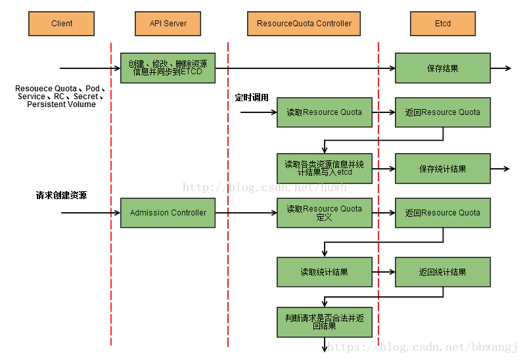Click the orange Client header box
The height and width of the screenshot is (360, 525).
coord(62,24)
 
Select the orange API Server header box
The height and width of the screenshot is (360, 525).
coord(168,24)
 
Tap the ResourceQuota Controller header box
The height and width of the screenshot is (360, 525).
coord(304,24)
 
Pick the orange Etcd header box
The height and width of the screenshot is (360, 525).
coord(442,24)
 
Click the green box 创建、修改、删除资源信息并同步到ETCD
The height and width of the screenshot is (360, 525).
coord(168,68)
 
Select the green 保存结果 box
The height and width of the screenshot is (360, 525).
coord(442,68)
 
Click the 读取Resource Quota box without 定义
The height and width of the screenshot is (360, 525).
coord(324,112)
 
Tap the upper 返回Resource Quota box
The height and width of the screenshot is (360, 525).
coord(442,112)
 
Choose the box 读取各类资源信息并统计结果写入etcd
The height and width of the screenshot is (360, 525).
coord(324,168)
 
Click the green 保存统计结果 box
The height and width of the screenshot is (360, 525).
coord(442,169)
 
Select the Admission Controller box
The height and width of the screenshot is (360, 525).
coord(168,213)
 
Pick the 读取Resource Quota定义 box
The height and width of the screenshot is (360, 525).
coord(324,213)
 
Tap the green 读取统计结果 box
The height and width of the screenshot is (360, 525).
coord(324,272)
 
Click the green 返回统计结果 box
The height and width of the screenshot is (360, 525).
coord(442,272)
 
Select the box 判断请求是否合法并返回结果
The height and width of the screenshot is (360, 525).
coord(324,321)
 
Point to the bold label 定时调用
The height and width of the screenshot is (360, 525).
coord(252,97)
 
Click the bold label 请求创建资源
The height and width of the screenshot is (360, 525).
coord(61,196)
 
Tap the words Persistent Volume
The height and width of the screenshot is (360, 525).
coord(61,104)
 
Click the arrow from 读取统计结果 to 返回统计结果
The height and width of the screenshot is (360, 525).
coord(384,272)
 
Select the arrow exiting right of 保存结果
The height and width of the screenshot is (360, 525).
coord(501,68)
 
